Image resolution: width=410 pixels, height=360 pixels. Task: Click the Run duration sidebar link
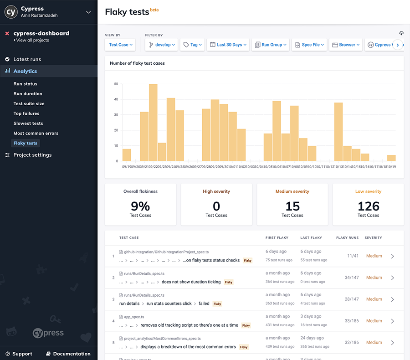tap(28, 94)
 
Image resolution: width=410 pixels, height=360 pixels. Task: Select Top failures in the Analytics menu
tap(26, 113)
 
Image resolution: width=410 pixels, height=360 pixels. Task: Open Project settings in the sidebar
tap(32, 155)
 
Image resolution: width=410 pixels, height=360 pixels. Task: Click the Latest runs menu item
tap(27, 59)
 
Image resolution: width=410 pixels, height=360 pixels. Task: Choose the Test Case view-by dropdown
tap(121, 45)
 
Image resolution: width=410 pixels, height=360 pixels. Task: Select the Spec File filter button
tap(310, 45)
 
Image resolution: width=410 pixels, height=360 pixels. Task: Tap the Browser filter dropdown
tap(346, 45)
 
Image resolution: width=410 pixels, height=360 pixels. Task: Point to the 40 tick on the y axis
tap(116, 99)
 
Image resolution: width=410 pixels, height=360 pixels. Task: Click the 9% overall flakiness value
tap(140, 206)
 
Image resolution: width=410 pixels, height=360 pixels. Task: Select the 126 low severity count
tap(368, 206)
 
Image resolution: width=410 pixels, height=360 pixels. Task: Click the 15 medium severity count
tap(292, 206)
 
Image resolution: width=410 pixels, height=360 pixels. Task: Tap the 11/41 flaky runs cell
tap(353, 256)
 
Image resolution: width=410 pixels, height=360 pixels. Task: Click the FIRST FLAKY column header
tap(277, 238)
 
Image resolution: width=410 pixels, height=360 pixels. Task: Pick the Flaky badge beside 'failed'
tap(217, 304)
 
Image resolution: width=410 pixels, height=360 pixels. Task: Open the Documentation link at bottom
tap(72, 354)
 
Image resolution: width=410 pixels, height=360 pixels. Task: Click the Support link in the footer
tap(22, 354)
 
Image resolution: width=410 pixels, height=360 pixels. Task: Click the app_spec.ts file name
tap(134, 317)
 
